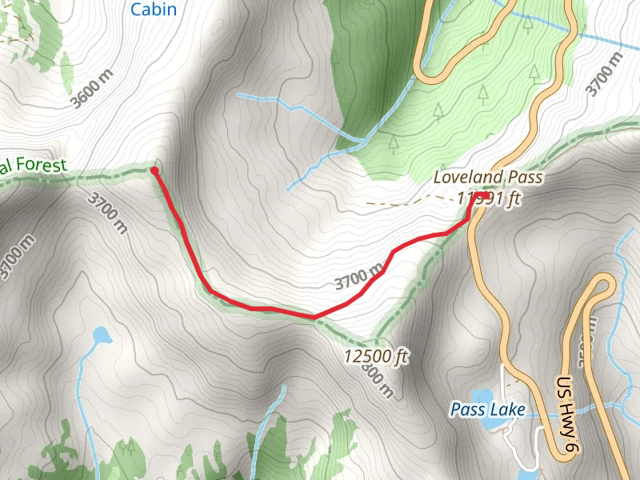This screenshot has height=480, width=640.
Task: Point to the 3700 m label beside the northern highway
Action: [x=603, y=73]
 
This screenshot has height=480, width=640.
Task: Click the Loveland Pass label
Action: [x=479, y=177]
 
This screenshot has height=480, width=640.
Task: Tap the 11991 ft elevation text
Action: [x=487, y=199]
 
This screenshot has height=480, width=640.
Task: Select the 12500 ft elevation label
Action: [x=378, y=356]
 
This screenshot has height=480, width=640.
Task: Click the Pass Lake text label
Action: [x=487, y=410]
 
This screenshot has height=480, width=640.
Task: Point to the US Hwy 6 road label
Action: [x=566, y=417]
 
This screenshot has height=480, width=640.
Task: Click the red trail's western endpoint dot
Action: [x=154, y=170]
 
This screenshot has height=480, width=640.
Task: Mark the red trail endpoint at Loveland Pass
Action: [x=485, y=195]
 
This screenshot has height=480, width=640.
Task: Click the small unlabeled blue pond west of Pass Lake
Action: [x=100, y=334]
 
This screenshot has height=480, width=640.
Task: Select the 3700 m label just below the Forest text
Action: [x=108, y=213]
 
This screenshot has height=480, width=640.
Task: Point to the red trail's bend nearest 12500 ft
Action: [x=314, y=317]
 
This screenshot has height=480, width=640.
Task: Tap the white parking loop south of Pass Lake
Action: [x=524, y=458]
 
